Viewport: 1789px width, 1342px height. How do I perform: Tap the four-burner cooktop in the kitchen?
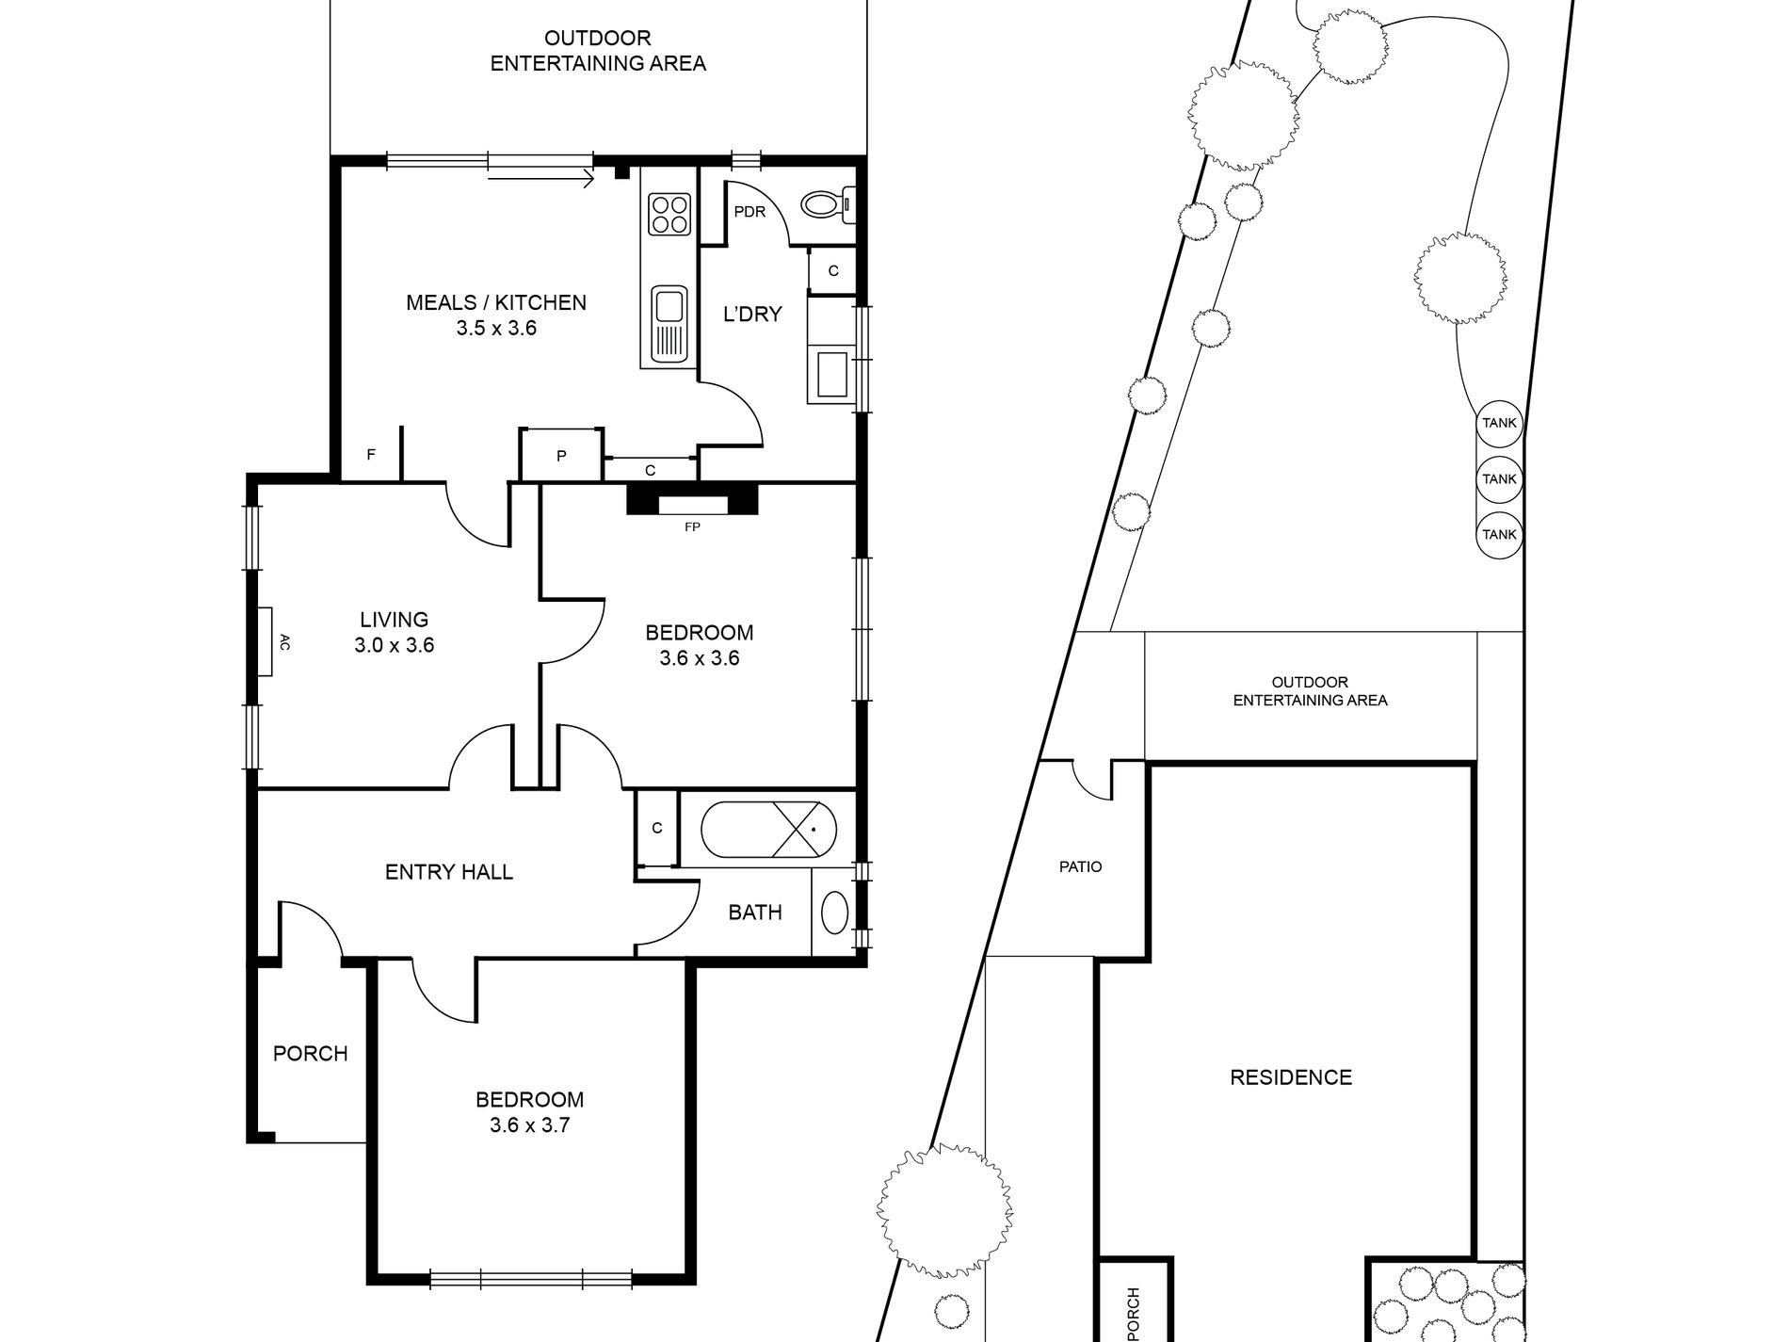(669, 214)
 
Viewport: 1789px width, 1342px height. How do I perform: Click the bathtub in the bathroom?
(768, 830)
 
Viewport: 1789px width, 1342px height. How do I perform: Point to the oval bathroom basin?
(835, 913)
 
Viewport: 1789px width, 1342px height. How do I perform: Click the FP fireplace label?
(692, 527)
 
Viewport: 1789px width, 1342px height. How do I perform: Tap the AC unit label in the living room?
(284, 642)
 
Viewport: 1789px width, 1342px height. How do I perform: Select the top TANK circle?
(1499, 423)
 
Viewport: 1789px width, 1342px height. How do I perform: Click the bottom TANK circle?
(1499, 534)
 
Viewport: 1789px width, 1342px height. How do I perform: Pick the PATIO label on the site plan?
(1080, 866)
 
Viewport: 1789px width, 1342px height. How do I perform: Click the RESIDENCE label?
(1291, 1077)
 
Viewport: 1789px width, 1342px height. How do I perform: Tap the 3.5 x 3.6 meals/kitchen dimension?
(496, 329)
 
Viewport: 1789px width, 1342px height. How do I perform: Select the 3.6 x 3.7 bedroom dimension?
(529, 1125)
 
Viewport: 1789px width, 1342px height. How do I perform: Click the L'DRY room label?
(752, 315)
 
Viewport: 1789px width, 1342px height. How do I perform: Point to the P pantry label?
(561, 456)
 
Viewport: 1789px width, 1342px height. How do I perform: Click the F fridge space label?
(371, 454)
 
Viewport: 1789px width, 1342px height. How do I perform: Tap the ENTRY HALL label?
(449, 872)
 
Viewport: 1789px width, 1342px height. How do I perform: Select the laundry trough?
(831, 374)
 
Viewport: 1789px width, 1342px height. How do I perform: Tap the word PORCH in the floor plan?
(310, 1054)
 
